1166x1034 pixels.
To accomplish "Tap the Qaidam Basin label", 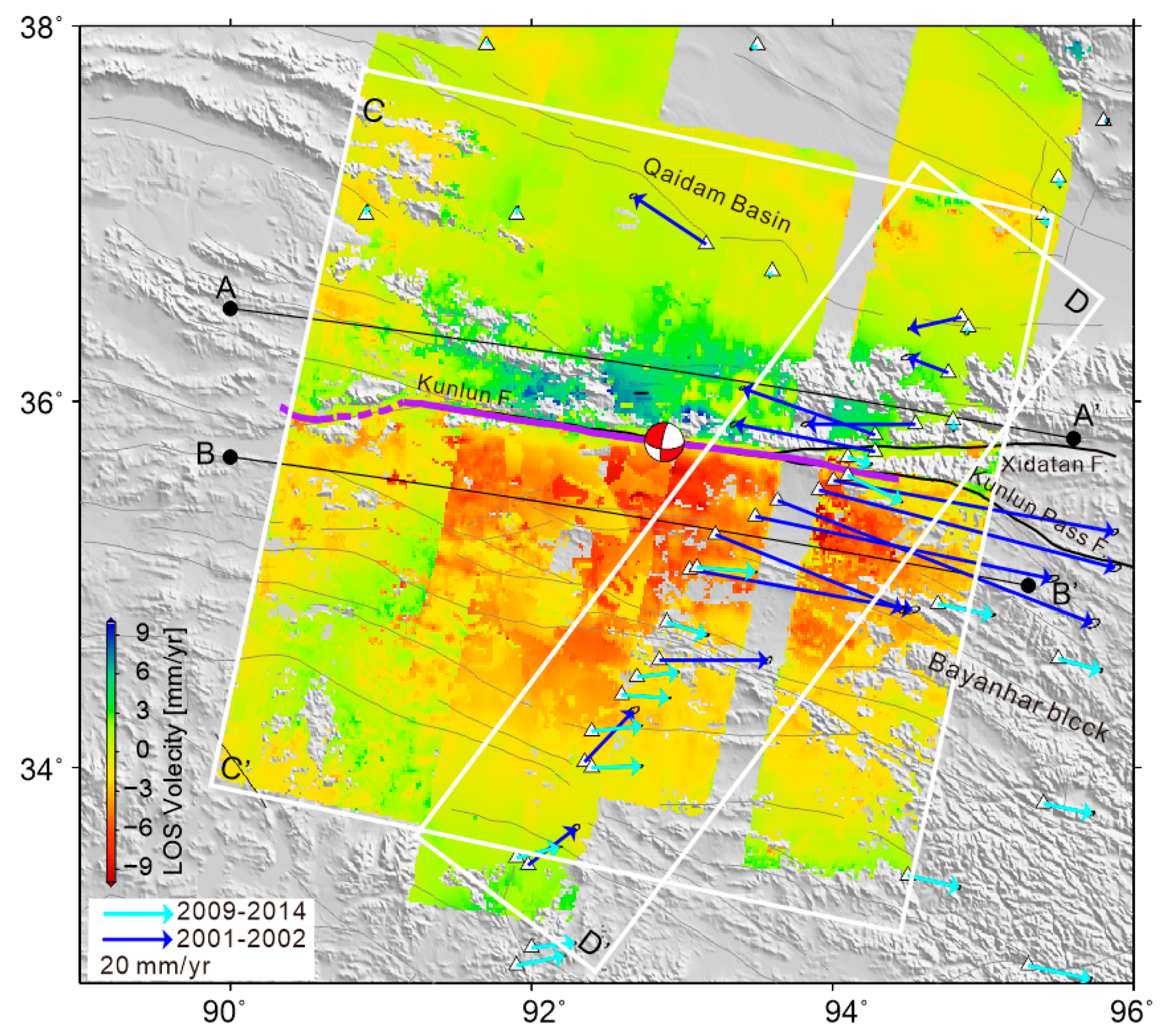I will coord(717,196).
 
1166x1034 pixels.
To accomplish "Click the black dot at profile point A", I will coord(230,309).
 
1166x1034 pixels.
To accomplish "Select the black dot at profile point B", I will coord(230,457).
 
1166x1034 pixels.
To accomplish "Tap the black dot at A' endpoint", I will coord(1073,438).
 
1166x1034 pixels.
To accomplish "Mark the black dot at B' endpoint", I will coord(1028,585).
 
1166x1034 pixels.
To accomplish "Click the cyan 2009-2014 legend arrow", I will coord(137,914).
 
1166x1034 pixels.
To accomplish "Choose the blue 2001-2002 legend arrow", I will coord(137,939).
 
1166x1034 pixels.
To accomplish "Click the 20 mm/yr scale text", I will coord(155,966).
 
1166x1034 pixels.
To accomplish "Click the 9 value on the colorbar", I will coord(142,633).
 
